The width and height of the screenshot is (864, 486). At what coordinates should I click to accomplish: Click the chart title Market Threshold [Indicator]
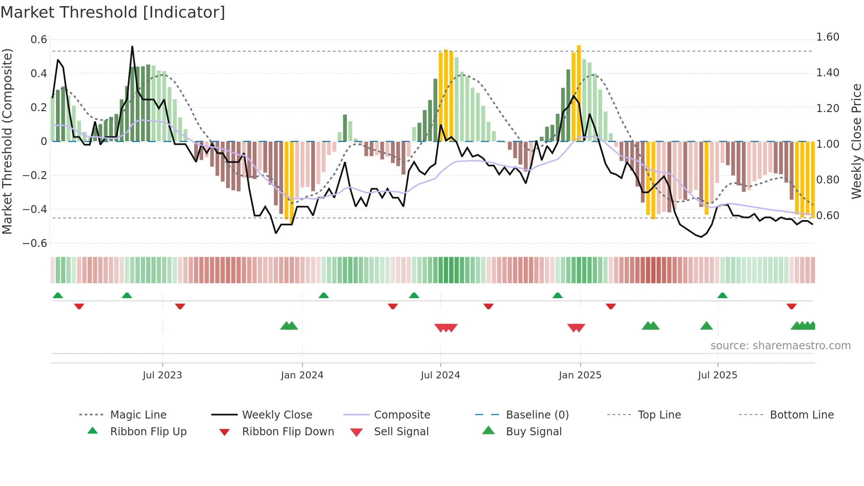(x=113, y=12)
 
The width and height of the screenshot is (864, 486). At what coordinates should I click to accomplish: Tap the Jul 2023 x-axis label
(x=162, y=375)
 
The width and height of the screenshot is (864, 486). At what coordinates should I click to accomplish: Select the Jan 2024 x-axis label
(x=302, y=375)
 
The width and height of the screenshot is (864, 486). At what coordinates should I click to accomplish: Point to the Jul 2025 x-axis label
(x=717, y=375)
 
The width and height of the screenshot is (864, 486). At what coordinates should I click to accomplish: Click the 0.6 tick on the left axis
(x=39, y=40)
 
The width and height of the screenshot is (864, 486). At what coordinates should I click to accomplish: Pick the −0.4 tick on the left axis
(x=35, y=209)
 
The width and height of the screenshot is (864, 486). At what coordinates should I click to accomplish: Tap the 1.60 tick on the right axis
(x=827, y=37)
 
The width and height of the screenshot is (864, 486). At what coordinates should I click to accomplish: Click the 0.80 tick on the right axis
(x=827, y=180)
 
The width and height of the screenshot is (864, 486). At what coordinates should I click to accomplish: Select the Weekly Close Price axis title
(x=856, y=141)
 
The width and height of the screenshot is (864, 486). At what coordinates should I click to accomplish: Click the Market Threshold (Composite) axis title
(x=7, y=141)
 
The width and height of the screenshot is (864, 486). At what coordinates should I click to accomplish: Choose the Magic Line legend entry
(x=138, y=415)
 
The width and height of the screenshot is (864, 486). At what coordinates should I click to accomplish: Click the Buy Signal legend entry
(x=533, y=432)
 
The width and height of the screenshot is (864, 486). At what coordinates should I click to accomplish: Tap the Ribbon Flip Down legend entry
(x=288, y=432)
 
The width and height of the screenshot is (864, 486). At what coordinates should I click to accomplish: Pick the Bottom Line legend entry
(x=801, y=415)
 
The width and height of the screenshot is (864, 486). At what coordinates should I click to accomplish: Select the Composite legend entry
(x=402, y=415)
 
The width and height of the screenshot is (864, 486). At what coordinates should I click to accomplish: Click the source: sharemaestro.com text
(x=780, y=346)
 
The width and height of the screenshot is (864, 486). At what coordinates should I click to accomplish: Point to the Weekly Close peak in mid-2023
(x=132, y=47)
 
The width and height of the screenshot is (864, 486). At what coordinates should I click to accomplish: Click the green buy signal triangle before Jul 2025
(x=706, y=326)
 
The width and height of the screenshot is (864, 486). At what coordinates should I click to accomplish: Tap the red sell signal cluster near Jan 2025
(x=576, y=328)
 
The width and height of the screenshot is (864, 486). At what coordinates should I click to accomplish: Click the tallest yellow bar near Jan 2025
(x=579, y=93)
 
